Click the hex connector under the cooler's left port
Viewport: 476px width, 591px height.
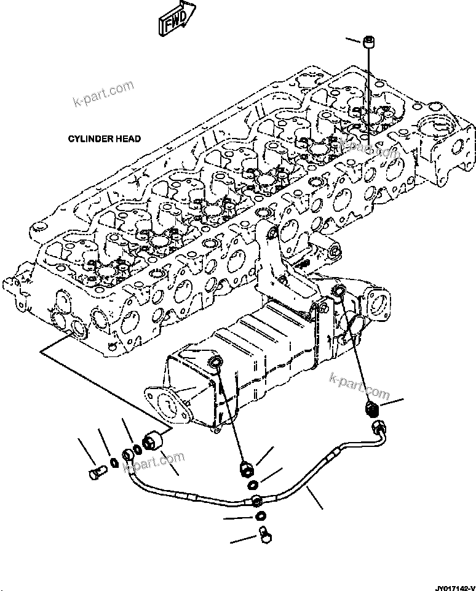click(x=246, y=469)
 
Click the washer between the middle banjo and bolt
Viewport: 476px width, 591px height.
click(x=261, y=515)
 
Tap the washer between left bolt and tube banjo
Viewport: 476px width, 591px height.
click(x=114, y=462)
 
